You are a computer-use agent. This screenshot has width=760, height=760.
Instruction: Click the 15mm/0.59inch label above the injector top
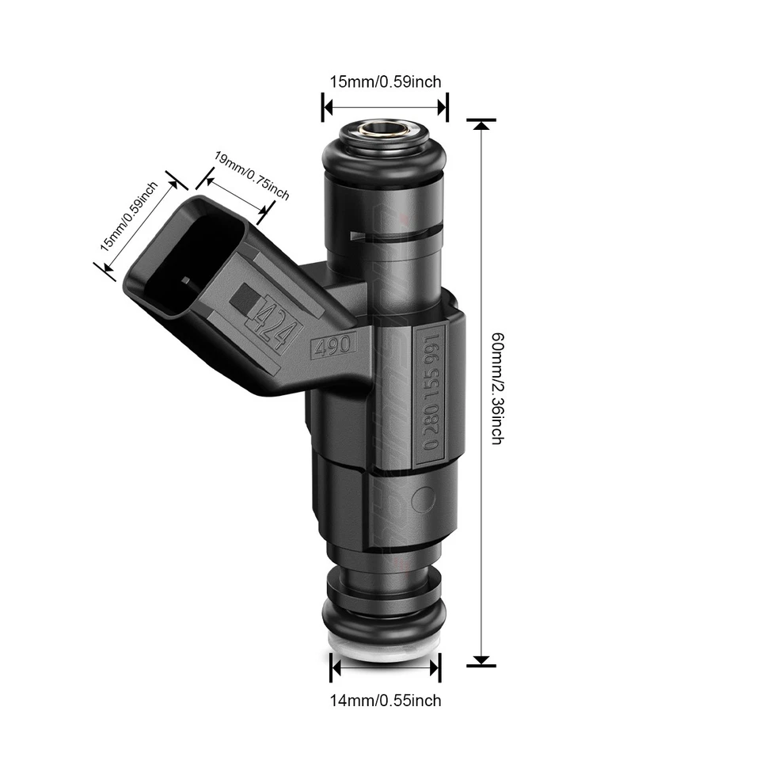(385, 81)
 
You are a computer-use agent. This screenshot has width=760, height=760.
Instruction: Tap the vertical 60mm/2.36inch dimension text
(496, 387)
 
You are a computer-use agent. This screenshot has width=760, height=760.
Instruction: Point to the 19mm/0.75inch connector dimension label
(252, 176)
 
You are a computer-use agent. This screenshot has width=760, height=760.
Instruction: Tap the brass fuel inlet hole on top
(385, 127)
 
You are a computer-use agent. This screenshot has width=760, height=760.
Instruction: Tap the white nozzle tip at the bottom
(385, 647)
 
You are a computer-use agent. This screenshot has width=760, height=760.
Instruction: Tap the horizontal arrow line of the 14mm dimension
(385, 668)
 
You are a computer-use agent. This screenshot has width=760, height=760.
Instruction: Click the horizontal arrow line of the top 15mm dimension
(385, 106)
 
